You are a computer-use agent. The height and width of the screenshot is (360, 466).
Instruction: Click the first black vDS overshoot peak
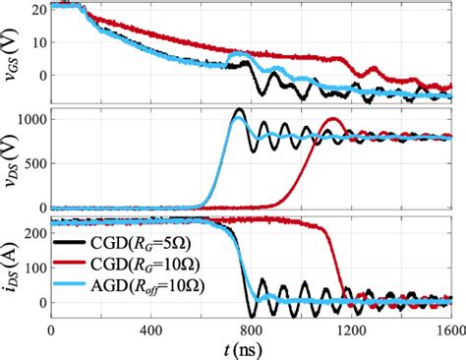238,110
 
